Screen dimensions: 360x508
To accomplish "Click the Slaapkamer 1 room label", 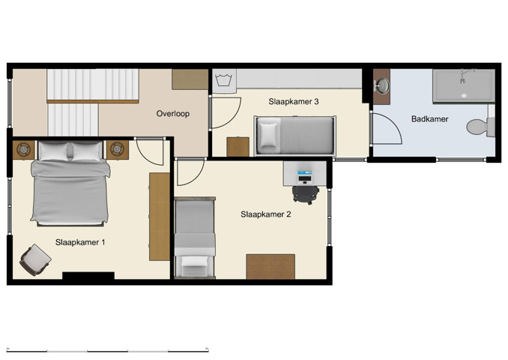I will pos(80,241).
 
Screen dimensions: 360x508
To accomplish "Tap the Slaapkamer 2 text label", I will pos(265,214).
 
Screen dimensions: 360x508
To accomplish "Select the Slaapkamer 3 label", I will pos(294,100).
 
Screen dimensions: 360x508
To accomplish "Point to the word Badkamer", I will pos(430,118).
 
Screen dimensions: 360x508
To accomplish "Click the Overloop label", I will pos(172,114).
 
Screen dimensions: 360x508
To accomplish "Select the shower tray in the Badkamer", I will pos(463,85).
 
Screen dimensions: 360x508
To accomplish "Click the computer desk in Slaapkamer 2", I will pos(305,174).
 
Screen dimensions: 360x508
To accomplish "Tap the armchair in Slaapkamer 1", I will pos(33,259).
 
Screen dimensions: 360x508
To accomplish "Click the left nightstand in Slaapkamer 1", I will pos(23,150).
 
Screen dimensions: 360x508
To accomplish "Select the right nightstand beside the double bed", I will pos(117,150).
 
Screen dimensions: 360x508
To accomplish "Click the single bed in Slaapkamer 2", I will pos(195,238).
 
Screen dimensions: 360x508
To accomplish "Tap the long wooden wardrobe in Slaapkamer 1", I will pos(160,217).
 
